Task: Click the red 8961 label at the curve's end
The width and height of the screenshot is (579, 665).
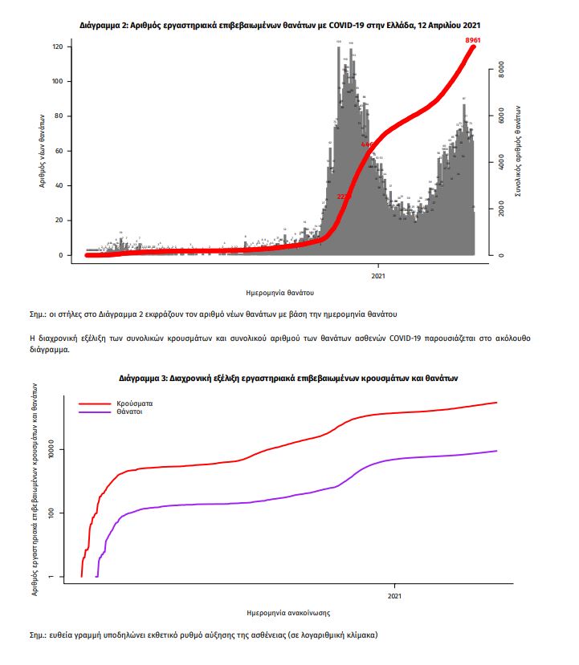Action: [x=472, y=39]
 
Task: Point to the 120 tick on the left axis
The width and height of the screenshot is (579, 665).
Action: [x=57, y=47]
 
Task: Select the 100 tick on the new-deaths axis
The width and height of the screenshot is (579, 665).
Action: [x=57, y=82]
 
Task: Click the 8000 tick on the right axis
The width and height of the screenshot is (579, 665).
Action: [x=500, y=70]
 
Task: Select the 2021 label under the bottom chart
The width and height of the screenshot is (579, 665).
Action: [x=395, y=596]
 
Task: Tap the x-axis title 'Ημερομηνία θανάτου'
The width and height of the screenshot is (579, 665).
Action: [x=280, y=293]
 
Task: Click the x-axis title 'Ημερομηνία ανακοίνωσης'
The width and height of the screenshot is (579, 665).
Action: [x=288, y=612]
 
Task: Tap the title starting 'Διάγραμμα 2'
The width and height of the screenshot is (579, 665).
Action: [x=280, y=26]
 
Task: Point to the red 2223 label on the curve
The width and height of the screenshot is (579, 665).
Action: [x=345, y=196]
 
